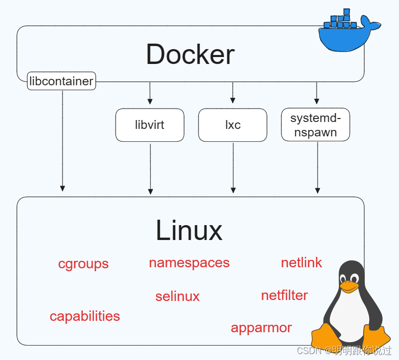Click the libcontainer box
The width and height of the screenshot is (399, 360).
62,81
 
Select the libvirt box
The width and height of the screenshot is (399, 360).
150,125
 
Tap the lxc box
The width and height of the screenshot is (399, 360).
233,125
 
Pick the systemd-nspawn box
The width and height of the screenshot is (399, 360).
316,124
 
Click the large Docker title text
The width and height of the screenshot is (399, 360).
191,55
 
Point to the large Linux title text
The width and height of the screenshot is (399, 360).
189,231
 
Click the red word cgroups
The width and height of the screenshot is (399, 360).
83,264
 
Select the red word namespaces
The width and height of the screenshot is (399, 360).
189,263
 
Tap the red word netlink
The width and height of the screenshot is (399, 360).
302,263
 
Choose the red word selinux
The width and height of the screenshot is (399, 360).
178,297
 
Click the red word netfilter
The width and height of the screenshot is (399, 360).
284,296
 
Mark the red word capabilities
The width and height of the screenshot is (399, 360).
85,317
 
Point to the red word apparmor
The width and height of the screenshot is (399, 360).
262,328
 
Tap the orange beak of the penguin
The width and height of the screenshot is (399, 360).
349,286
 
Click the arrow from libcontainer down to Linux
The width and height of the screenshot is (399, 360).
63,141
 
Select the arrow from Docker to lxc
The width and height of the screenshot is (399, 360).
233,93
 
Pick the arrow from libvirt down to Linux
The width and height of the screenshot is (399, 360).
150,169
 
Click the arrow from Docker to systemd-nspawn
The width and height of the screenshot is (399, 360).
317,93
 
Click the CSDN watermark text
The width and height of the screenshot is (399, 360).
344,351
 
